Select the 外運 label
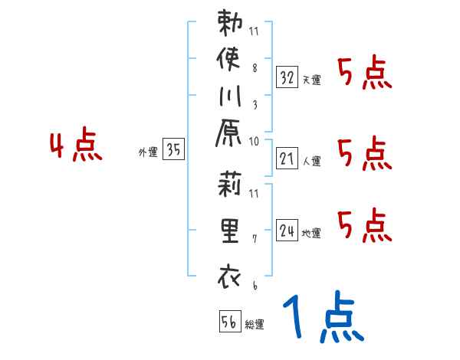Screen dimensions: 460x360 (148, 152)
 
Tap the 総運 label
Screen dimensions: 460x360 (255, 324)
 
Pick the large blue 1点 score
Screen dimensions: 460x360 (322, 318)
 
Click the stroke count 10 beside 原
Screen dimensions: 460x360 (255, 141)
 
